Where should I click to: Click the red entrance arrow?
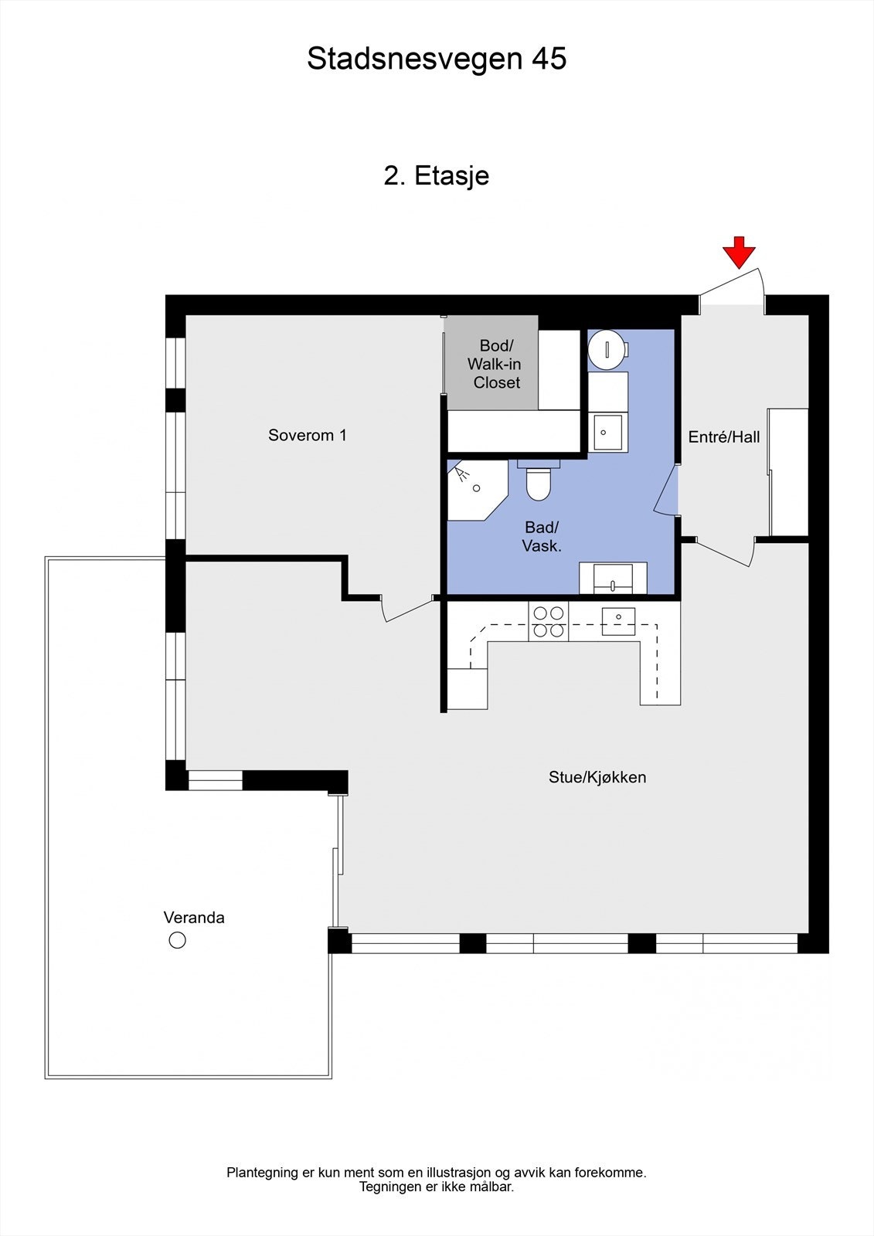[739, 253]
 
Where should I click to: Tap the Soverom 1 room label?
[308, 436]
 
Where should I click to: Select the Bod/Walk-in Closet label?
[495, 364]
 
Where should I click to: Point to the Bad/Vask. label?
[542, 537]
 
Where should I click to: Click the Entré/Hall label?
[724, 437]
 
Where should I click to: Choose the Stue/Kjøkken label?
[597, 777]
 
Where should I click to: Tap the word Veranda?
[194, 918]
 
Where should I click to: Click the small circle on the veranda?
[177, 940]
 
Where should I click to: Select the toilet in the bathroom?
[539, 480]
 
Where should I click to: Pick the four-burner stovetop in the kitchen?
[548, 621]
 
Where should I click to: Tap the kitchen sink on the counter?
[618, 621]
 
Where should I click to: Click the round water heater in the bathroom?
[606, 349]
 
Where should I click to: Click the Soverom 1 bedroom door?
[407, 610]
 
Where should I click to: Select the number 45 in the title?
[549, 59]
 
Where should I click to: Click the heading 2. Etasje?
[437, 176]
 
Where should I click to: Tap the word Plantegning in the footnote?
[263, 1173]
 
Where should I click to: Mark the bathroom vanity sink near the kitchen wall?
[613, 579]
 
